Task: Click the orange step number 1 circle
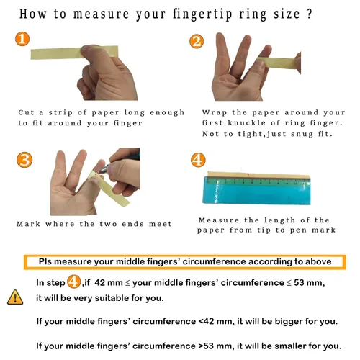(x=22, y=39)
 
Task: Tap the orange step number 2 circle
(x=197, y=41)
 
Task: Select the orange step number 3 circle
(x=24, y=160)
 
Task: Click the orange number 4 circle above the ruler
(x=198, y=160)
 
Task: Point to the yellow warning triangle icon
(x=15, y=297)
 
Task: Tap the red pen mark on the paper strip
(x=248, y=174)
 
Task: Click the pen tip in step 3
(x=101, y=171)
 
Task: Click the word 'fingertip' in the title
(x=202, y=14)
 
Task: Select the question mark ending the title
(x=309, y=14)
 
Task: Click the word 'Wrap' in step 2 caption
(x=215, y=112)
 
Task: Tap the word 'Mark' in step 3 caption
(x=28, y=224)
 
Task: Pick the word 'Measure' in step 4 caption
(x=219, y=220)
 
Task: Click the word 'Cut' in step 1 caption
(x=26, y=112)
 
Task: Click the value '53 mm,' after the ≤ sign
(x=310, y=283)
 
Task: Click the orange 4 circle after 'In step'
(x=73, y=282)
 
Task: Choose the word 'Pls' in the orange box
(x=45, y=261)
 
